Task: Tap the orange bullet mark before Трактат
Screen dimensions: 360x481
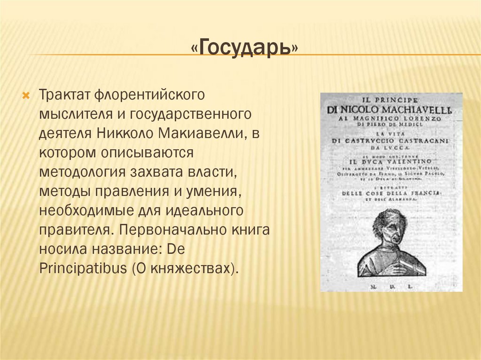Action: [26, 95]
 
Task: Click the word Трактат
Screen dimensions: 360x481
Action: [64, 95]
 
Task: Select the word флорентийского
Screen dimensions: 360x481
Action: [150, 95]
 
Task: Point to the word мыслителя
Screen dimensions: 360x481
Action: [75, 114]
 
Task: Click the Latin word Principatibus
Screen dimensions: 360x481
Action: [83, 269]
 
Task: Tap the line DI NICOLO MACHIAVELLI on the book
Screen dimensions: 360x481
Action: [391, 110]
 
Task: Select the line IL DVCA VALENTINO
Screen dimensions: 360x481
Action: [391, 162]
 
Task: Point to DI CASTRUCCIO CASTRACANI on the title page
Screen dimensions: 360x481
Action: [391, 140]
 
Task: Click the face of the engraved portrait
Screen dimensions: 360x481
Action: [390, 228]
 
